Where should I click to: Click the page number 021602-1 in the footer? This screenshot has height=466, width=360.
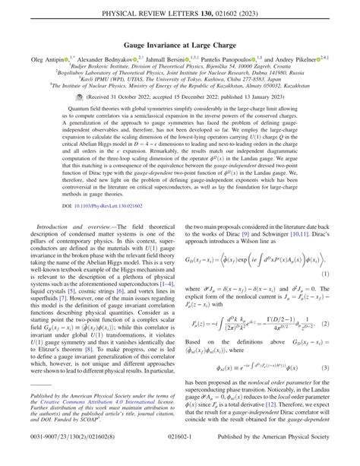click(x=180, y=455)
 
